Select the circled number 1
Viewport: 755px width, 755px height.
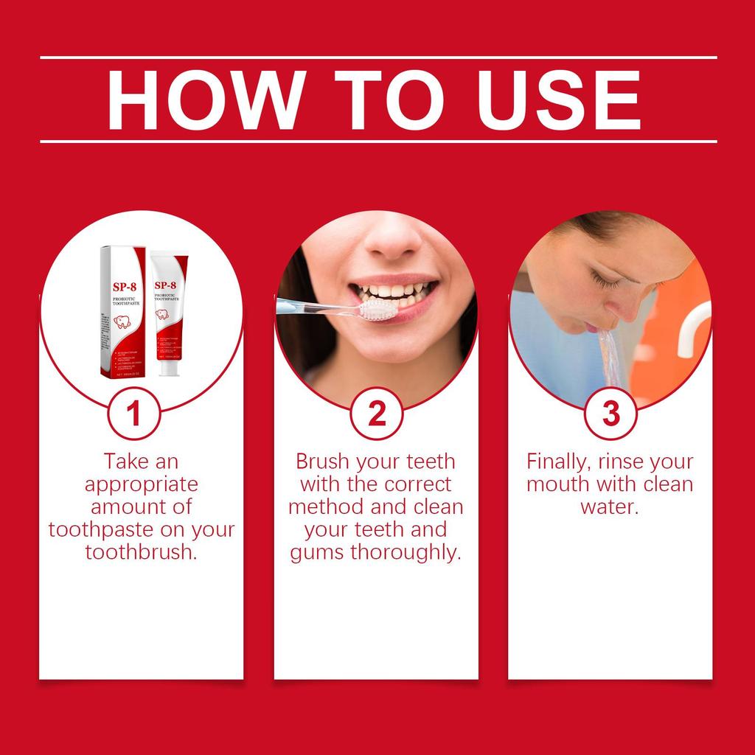click(x=133, y=414)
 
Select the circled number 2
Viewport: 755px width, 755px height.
click(x=377, y=414)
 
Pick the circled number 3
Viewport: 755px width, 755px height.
click(x=611, y=414)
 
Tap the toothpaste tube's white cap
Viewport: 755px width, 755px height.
click(x=169, y=366)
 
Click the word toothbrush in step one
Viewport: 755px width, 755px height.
click(x=140, y=552)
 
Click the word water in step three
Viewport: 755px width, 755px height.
click(x=609, y=507)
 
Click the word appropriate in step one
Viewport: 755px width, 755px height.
click(x=141, y=484)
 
